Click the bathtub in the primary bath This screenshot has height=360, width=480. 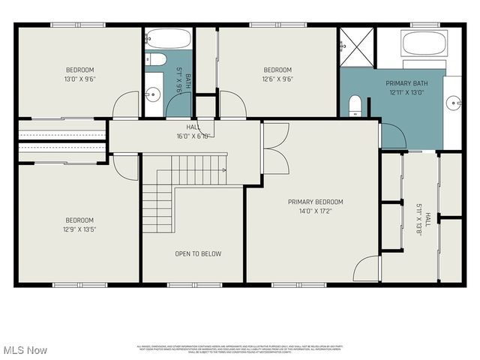point(424,43)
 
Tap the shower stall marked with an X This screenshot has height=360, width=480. point(355,46)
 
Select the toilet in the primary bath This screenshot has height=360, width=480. point(355,105)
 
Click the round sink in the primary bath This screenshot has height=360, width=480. point(454,103)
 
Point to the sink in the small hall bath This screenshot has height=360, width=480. point(153,94)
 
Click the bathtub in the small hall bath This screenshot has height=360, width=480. point(167,38)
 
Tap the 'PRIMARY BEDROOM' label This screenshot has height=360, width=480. point(315,202)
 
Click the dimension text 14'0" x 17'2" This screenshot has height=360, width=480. point(315,211)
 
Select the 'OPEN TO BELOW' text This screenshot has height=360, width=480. point(198,253)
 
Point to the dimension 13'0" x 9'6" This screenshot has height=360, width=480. point(79,78)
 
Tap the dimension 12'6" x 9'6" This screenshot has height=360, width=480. point(277,78)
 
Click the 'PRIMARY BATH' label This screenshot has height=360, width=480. point(406,83)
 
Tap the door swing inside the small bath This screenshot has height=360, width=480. point(178,105)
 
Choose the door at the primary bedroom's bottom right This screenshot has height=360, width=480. point(367,268)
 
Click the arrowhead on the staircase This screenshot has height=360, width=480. point(224,170)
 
